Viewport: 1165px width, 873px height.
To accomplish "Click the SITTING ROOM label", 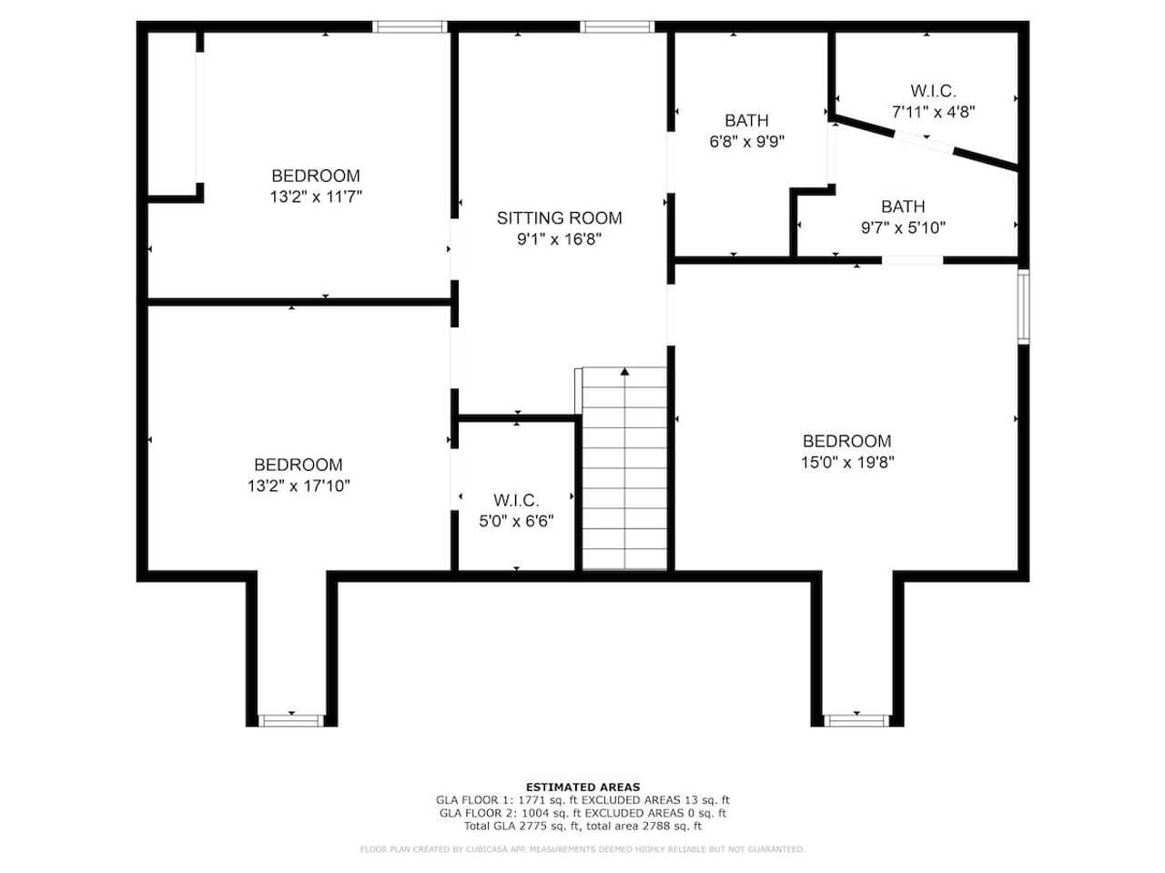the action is click(x=559, y=218).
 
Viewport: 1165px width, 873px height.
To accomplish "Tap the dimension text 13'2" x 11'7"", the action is click(x=316, y=197).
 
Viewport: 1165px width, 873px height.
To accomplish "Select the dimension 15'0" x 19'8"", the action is click(x=847, y=462).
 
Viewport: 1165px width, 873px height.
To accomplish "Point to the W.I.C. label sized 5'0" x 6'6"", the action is click(x=516, y=500).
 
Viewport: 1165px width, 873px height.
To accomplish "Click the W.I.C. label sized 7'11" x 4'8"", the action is click(x=933, y=91).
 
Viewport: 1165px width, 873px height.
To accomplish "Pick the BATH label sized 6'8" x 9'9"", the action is click(x=746, y=121).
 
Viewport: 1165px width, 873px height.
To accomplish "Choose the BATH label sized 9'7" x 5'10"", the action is click(x=903, y=206).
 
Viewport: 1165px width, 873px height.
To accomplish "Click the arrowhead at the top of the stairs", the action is click(x=624, y=372).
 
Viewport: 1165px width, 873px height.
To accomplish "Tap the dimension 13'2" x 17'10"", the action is click(x=299, y=486).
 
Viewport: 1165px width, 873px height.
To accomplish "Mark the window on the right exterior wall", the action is click(x=1023, y=306).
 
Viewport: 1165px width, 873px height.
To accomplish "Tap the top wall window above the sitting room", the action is click(x=617, y=26).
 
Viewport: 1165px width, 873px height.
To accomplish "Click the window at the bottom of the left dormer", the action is click(x=291, y=720).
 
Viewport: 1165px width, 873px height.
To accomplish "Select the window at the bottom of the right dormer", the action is click(x=856, y=720).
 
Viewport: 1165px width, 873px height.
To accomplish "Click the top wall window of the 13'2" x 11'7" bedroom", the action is click(x=410, y=26).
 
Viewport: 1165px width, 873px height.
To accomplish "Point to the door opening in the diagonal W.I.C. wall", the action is click(x=924, y=142).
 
